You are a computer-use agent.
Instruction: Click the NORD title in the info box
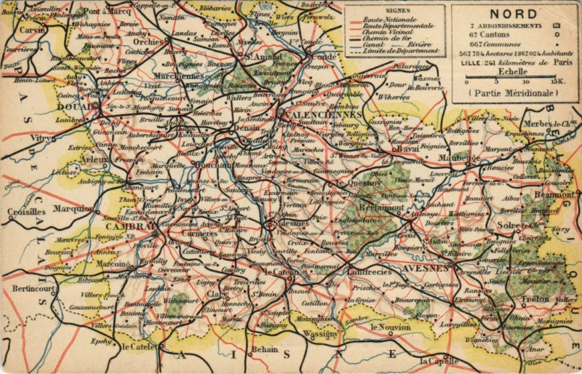click(x=513, y=13)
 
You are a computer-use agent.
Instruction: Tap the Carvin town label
click(x=31, y=31)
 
